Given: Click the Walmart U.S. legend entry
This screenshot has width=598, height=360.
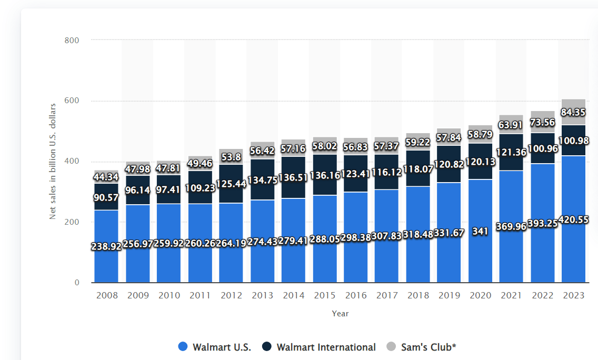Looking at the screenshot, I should [214, 347].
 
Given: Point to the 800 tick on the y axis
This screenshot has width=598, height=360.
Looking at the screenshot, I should [72, 40].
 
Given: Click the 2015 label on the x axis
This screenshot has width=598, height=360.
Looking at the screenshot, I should [324, 295].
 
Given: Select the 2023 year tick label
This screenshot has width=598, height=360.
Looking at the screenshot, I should [573, 295].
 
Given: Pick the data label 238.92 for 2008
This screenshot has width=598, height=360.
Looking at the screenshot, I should [106, 246].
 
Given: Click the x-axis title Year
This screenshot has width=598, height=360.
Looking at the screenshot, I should [340, 313].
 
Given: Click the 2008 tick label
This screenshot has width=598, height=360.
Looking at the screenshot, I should [106, 295].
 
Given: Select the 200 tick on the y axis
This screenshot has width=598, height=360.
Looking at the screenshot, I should [72, 222].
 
